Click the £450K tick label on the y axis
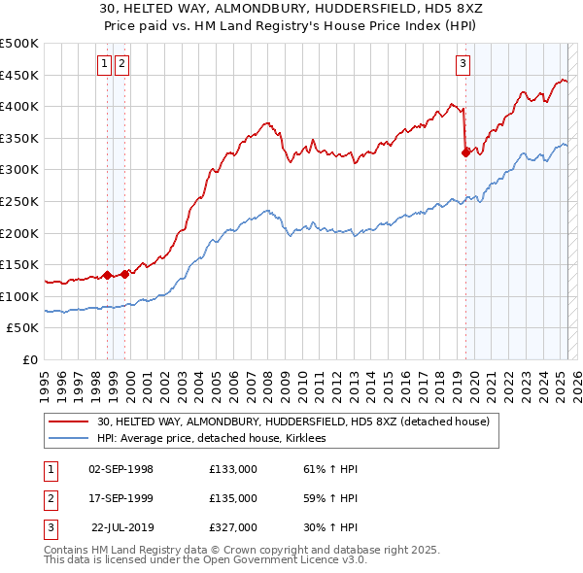(x=19, y=75)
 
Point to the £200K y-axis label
(x=19, y=233)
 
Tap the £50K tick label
(x=23, y=328)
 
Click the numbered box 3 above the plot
(x=463, y=65)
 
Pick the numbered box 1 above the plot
(x=104, y=65)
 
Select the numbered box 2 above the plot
(x=122, y=65)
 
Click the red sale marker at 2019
(x=465, y=152)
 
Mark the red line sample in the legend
(x=69, y=421)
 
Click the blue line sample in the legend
(x=69, y=438)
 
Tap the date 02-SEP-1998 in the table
(x=120, y=469)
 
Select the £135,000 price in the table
(x=233, y=498)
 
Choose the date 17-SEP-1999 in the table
(x=120, y=498)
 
